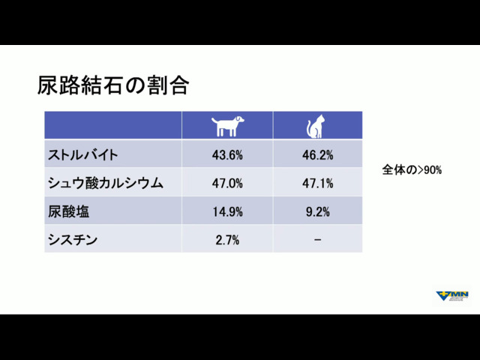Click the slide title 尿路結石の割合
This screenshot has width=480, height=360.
[113, 85]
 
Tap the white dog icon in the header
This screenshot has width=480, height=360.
[227, 126]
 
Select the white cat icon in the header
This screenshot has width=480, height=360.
[315, 126]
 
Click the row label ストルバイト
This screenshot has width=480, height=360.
[82, 154]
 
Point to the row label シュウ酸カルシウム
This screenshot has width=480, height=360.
[105, 183]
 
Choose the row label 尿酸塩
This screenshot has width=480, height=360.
[68, 211]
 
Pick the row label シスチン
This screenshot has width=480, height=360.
[73, 240]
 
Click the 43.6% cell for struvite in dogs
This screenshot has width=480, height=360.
[227, 155]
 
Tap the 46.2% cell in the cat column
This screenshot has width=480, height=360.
[318, 155]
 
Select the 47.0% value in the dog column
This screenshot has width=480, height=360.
[227, 183]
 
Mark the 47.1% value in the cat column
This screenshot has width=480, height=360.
[318, 183]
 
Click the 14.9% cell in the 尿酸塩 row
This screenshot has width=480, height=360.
[227, 211]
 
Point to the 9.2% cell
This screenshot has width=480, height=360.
[318, 211]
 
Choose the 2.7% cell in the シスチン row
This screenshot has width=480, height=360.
[227, 240]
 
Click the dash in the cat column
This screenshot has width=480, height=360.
[318, 240]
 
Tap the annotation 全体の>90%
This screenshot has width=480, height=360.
[412, 169]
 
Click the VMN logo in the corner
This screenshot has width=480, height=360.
[452, 296]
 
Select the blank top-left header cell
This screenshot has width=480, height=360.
[113, 125]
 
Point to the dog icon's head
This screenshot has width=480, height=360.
[238, 119]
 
